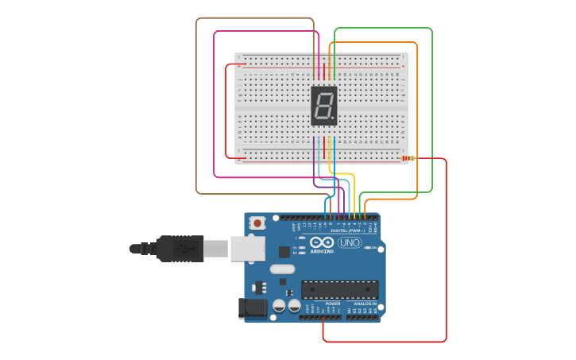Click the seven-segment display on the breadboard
coord(323,106)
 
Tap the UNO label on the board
coord(349,242)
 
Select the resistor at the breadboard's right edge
coord(408,158)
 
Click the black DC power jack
coord(252,308)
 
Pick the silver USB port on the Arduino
coord(247,248)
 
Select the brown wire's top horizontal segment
coord(254,18)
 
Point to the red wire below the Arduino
coord(385,342)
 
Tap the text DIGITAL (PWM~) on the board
coord(348,230)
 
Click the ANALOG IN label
coord(365,304)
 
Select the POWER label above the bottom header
coord(333,304)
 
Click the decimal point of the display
coord(334,119)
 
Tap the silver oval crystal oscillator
coord(282,269)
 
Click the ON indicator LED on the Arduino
coord(368,248)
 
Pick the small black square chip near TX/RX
coord(284,252)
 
